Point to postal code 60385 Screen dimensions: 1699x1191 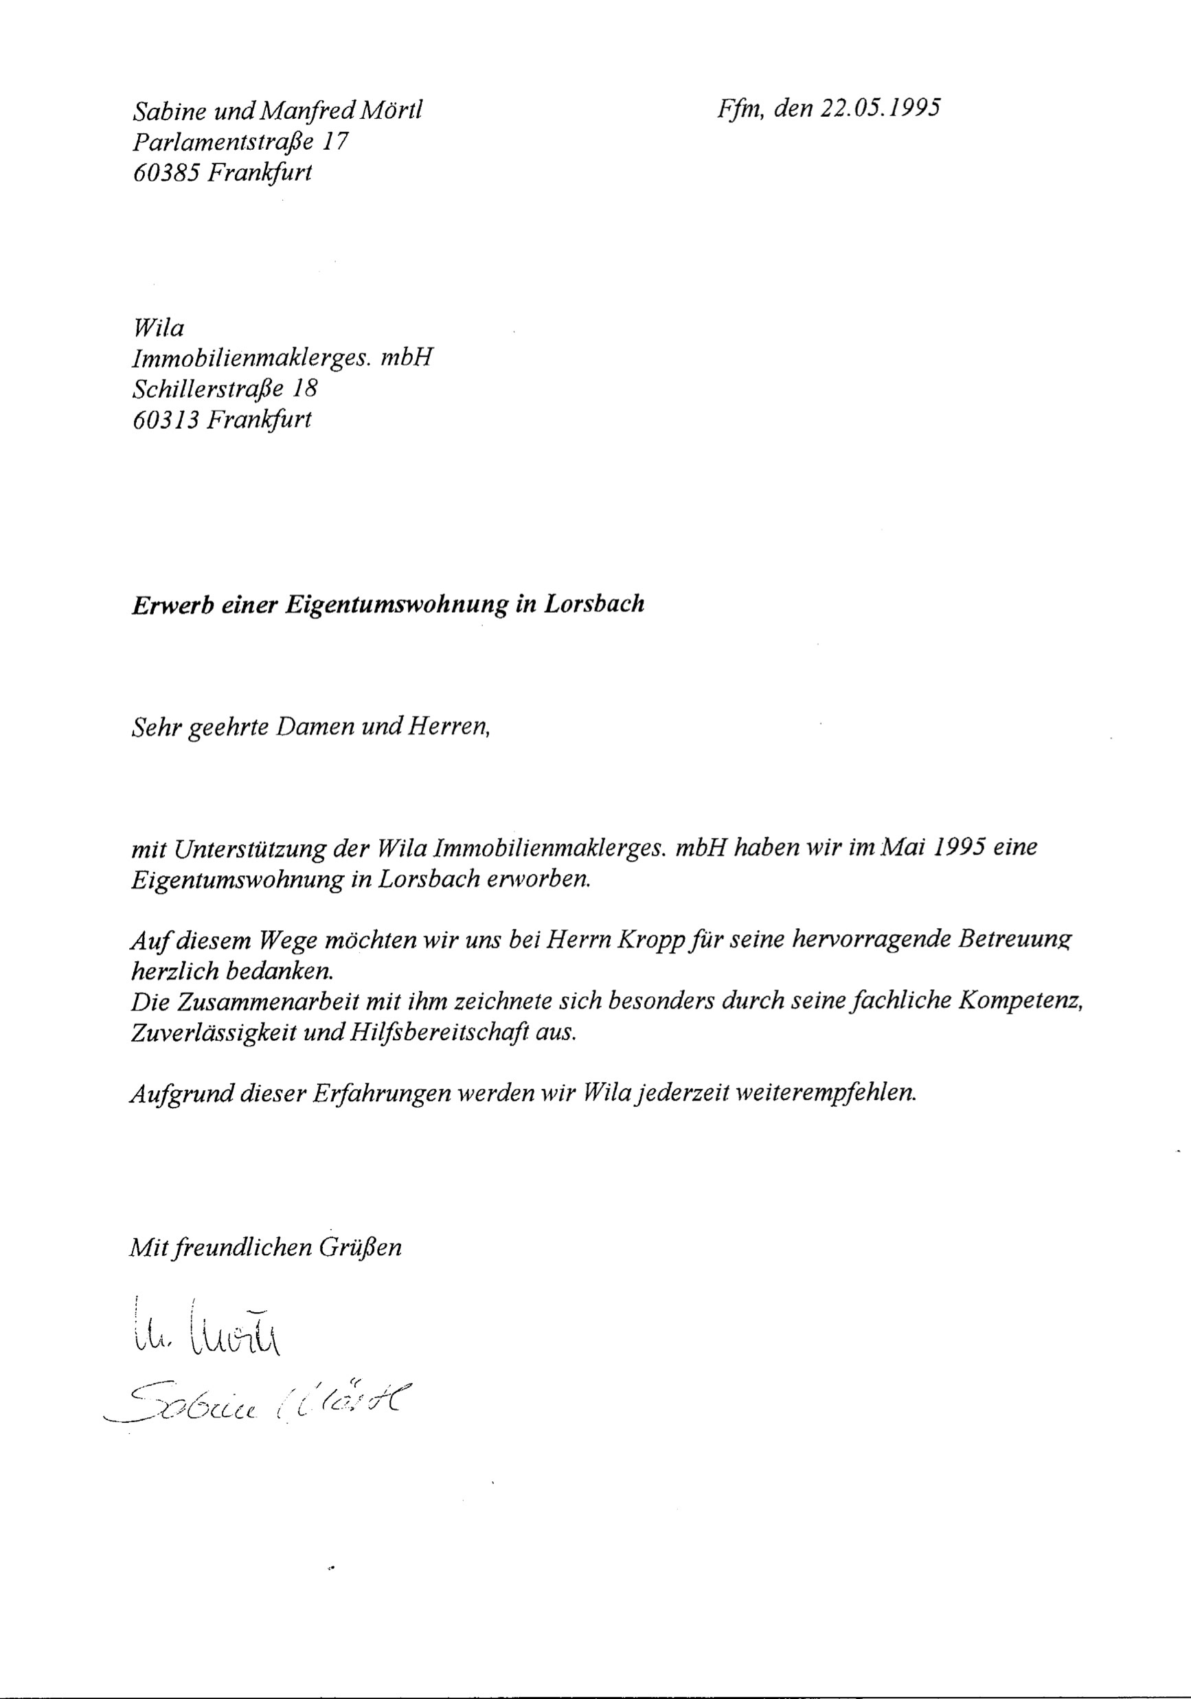(166, 172)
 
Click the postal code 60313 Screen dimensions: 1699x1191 (166, 420)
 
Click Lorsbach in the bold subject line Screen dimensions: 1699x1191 (594, 604)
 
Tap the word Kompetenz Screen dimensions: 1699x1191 (1021, 1002)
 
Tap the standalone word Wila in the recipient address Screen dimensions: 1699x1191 (157, 327)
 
